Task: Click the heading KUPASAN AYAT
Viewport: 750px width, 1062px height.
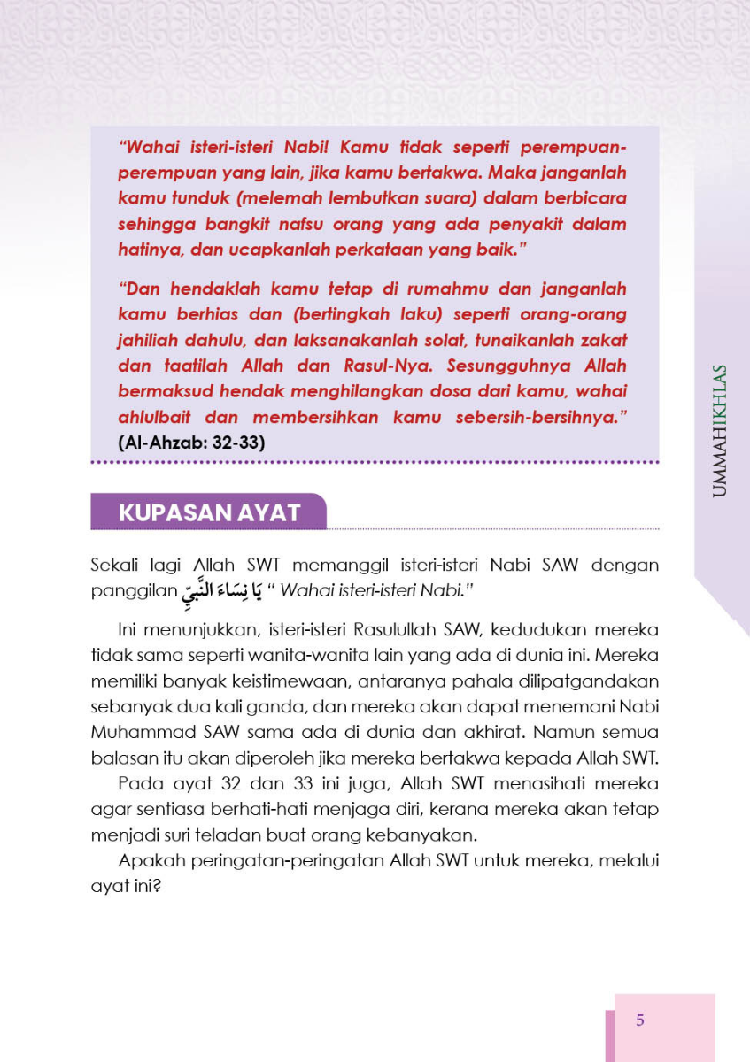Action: point(209,512)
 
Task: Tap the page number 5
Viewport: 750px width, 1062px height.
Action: point(640,1020)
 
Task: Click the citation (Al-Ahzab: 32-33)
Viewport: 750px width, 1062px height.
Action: point(192,442)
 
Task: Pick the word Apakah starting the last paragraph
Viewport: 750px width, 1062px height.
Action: point(148,861)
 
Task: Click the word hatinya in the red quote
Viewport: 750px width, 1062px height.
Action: point(147,250)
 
